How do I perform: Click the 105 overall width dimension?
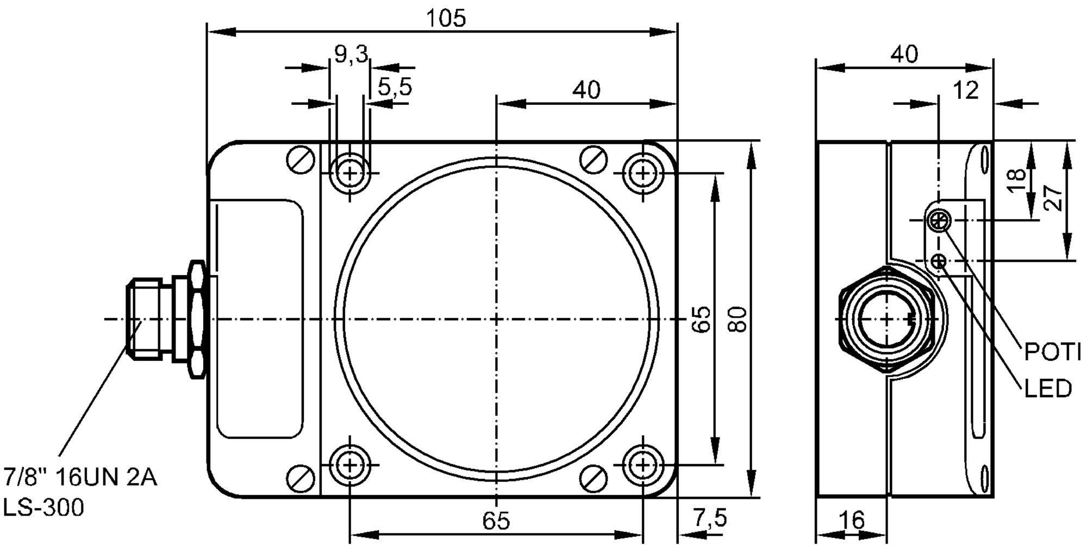coord(445,18)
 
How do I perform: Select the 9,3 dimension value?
coord(351,54)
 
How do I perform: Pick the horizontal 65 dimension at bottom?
coord(496,521)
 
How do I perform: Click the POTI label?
coord(1052,353)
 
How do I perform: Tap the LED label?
coord(1048,389)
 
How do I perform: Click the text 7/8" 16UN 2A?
coord(80,478)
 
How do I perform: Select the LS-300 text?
coord(44,509)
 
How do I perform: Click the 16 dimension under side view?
coord(852,521)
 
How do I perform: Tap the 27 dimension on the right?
coord(1053,199)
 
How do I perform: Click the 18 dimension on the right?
coord(1016,180)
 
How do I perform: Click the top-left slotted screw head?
coord(301,160)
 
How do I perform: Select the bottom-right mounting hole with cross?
coord(643,465)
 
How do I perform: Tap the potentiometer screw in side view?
coord(939,220)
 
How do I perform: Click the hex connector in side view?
coord(886,319)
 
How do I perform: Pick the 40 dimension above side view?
coord(905,54)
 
